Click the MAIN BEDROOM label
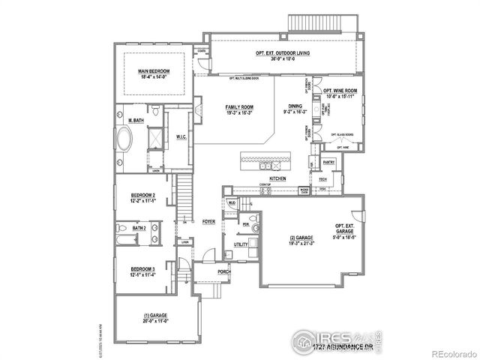pos(153,70)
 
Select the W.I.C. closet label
pos(181,137)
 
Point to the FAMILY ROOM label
pos(239,107)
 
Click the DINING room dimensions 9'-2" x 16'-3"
pos(293,112)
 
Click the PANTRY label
pos(328,162)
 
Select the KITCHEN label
pos(278,178)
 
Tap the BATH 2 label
pos(139,228)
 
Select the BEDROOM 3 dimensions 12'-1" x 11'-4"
pos(142,274)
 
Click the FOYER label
pos(208,222)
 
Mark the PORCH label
pos(223,271)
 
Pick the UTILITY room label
pos(241,244)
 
